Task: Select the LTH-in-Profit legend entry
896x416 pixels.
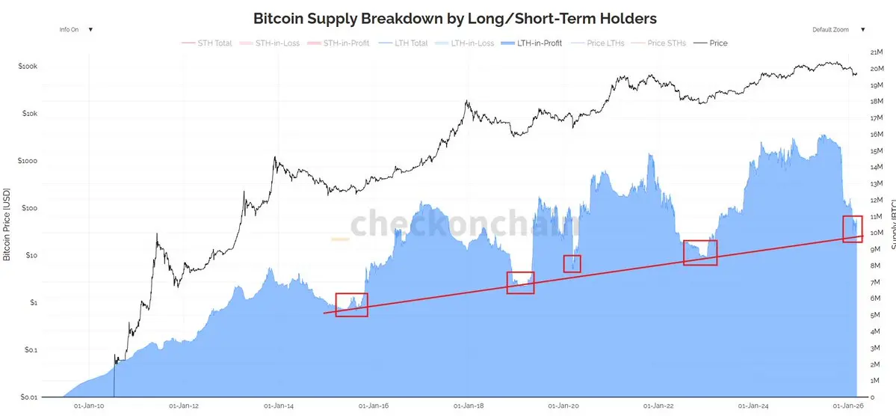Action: (x=532, y=43)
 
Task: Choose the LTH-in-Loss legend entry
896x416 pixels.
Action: (x=472, y=43)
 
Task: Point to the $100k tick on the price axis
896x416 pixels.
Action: (x=28, y=67)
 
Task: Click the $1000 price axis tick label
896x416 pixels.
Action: (x=28, y=161)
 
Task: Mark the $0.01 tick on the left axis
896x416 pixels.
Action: (x=28, y=397)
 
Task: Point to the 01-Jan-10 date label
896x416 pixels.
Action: (x=89, y=406)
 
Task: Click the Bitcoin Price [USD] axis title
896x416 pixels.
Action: (x=7, y=224)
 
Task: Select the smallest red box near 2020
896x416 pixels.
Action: (x=572, y=263)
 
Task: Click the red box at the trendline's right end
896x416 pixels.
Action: (x=853, y=228)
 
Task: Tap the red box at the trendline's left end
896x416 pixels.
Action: (x=351, y=305)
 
